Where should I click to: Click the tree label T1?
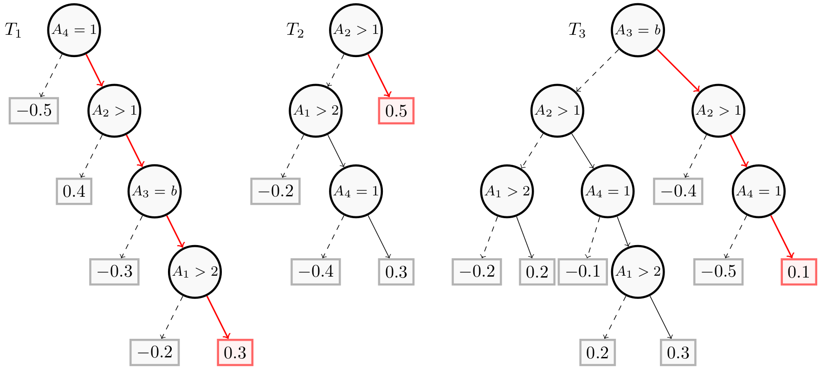(x=13, y=31)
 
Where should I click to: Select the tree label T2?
(x=295, y=31)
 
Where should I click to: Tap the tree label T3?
(x=577, y=31)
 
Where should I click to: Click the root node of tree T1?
(x=74, y=30)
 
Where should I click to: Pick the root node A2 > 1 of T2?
(x=356, y=30)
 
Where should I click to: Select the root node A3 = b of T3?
(x=638, y=30)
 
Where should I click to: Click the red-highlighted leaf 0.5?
(x=396, y=111)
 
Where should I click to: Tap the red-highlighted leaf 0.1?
(x=799, y=272)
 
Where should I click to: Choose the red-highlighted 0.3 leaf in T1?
(x=235, y=352)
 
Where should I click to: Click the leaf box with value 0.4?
(x=74, y=191)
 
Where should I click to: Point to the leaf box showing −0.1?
(x=583, y=272)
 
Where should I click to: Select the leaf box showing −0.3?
(x=115, y=272)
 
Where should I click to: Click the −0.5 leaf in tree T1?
(x=34, y=111)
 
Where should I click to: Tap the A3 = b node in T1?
(x=155, y=191)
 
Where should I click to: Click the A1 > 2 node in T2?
(x=316, y=111)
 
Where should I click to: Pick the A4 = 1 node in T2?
(x=356, y=191)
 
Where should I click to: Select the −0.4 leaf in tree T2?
(x=316, y=272)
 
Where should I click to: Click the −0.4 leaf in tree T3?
(x=678, y=191)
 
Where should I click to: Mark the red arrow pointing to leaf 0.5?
(x=379, y=75)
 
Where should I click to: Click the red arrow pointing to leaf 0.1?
(x=782, y=236)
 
